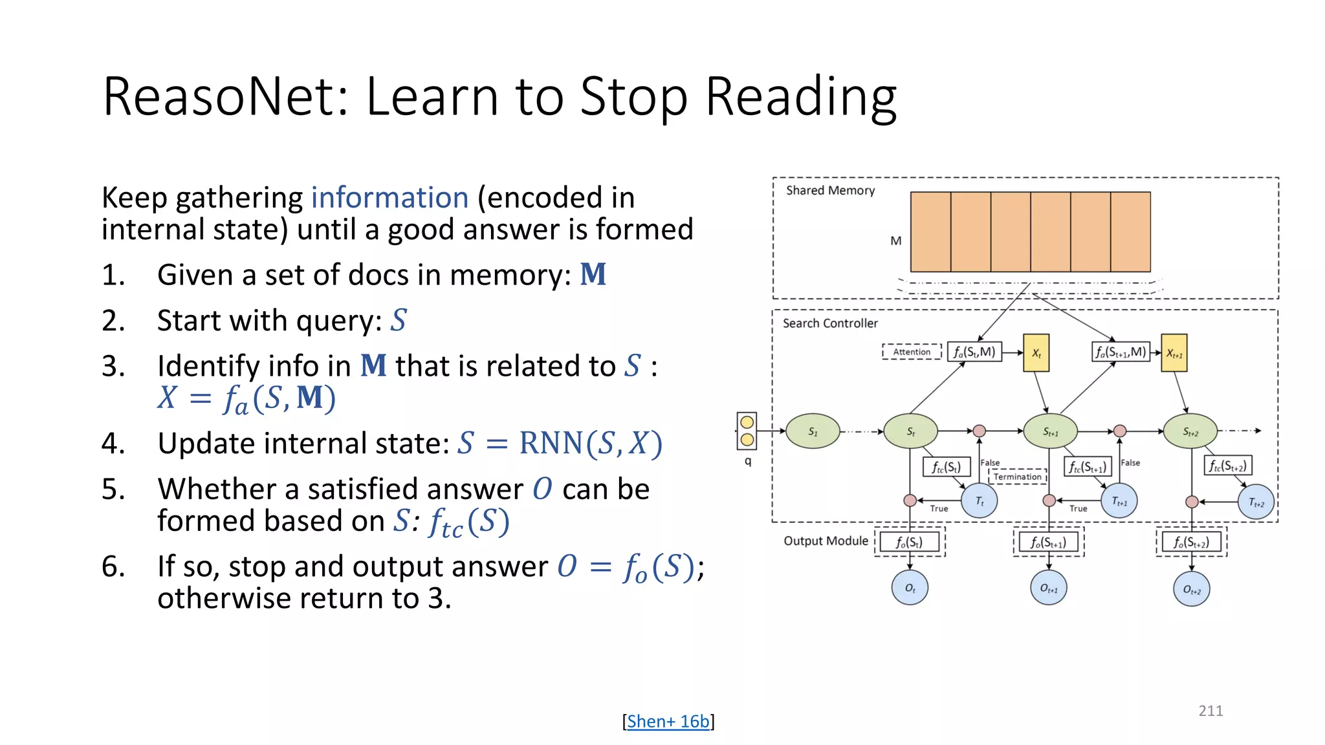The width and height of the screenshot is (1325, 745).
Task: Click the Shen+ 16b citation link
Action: pos(668,721)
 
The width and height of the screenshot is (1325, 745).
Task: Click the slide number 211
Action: pos(1210,711)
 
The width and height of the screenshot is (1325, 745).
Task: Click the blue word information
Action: pos(389,198)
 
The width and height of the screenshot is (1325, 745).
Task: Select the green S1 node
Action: pos(813,431)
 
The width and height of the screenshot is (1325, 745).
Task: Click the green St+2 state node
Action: pos(1190,431)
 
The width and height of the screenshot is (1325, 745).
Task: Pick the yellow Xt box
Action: pos(1036,353)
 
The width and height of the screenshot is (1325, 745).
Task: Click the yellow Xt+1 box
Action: pos(1174,353)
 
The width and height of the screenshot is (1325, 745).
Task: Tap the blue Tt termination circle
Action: pos(980,501)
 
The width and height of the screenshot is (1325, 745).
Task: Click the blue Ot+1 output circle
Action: pos(1048,588)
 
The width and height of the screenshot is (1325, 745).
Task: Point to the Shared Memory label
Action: pos(830,190)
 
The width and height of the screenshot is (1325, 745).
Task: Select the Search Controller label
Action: pos(830,323)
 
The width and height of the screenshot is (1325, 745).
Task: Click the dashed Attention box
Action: pos(912,352)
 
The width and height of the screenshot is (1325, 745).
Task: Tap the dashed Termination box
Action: pos(1017,477)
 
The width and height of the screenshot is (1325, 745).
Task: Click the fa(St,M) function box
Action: pos(974,352)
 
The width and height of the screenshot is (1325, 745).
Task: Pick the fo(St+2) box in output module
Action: pos(1191,542)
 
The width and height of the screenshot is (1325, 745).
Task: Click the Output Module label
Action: pos(826,541)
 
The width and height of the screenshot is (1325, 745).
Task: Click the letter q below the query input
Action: pos(748,461)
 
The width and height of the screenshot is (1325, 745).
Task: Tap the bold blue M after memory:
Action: pos(593,275)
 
